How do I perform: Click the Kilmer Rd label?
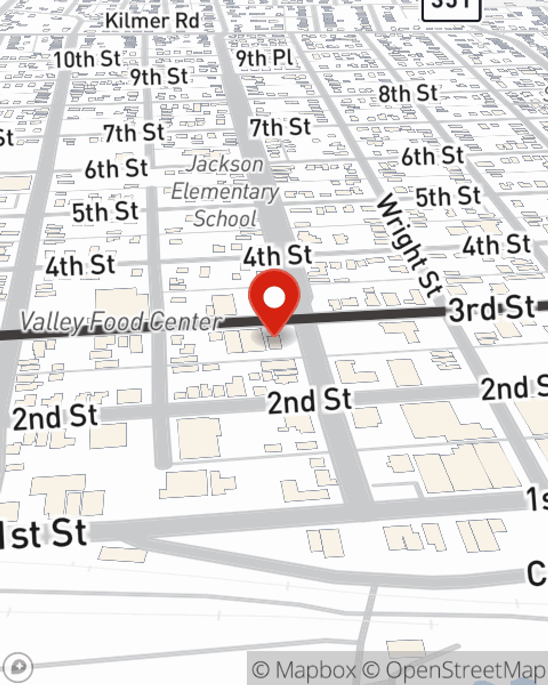pyautogui.click(x=152, y=21)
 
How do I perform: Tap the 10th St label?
pyautogui.click(x=87, y=59)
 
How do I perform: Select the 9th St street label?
pyautogui.click(x=159, y=77)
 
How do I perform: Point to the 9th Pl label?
pyautogui.click(x=265, y=58)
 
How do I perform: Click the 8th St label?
pyautogui.click(x=408, y=94)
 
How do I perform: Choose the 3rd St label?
pyautogui.click(x=492, y=309)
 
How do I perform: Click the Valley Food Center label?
pyautogui.click(x=121, y=322)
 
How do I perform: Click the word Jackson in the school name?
pyautogui.click(x=225, y=164)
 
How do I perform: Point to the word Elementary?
pyautogui.click(x=225, y=192)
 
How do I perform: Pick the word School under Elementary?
pyautogui.click(x=225, y=219)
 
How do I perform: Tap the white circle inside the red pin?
pyautogui.click(x=274, y=298)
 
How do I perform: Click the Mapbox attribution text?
pyautogui.click(x=304, y=670)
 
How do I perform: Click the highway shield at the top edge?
pyautogui.click(x=451, y=7)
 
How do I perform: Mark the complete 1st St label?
pyautogui.click(x=44, y=534)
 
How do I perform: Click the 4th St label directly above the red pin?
pyautogui.click(x=277, y=256)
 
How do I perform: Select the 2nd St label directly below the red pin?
pyautogui.click(x=310, y=400)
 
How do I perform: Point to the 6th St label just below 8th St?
pyautogui.click(x=432, y=157)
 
